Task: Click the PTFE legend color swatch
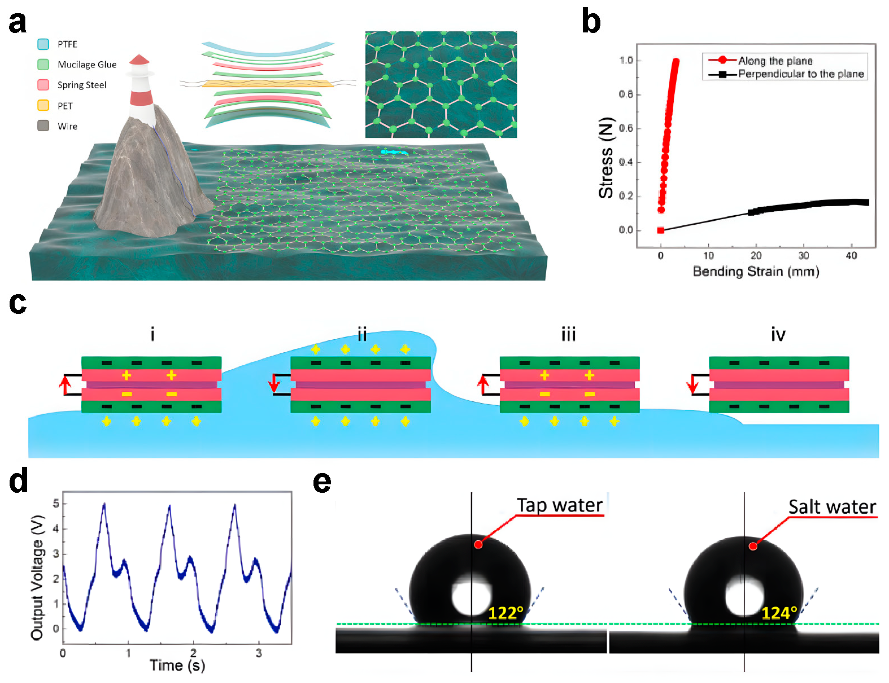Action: pos(43,44)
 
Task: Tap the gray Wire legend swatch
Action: pos(43,126)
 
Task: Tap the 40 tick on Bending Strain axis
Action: pos(851,255)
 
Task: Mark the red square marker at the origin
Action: pos(660,230)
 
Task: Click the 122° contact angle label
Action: pos(505,613)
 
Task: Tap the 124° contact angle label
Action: pos(779,613)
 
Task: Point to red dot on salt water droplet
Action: pos(753,546)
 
